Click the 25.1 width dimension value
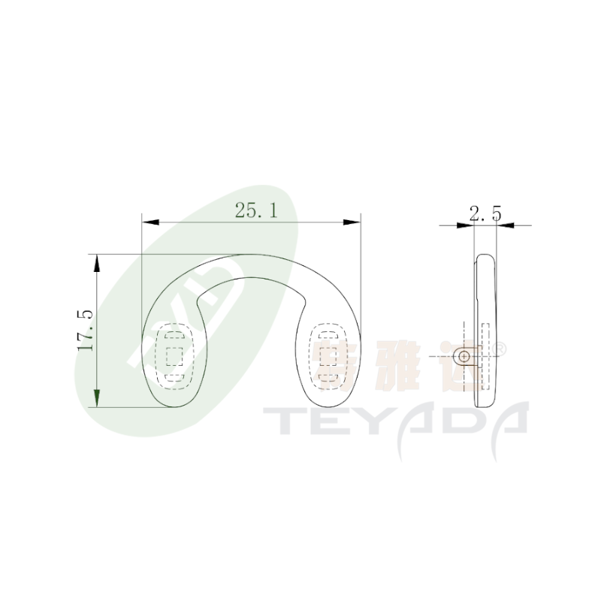point(256,210)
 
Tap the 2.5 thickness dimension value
point(485,213)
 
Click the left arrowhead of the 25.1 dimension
point(150,222)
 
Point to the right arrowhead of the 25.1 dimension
point(352,222)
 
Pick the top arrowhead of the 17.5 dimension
point(97,263)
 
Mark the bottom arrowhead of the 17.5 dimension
point(97,398)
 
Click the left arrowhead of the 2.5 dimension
point(465,225)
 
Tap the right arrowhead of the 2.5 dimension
point(506,225)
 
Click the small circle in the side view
point(464,357)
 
